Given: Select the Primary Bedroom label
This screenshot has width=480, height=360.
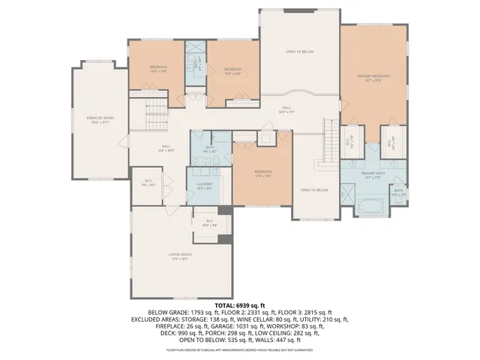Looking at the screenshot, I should point(372,77).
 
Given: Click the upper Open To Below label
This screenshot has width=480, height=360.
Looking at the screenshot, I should point(298,52).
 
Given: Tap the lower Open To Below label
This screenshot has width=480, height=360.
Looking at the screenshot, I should point(314,190).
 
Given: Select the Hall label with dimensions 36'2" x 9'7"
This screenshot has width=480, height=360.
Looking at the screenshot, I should point(286,109).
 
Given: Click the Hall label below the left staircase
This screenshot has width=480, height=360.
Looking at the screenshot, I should point(166,148).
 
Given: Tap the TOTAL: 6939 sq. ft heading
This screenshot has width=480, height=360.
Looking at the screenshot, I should point(240,306).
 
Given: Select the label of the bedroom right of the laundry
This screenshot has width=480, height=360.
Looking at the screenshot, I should point(262,173).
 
